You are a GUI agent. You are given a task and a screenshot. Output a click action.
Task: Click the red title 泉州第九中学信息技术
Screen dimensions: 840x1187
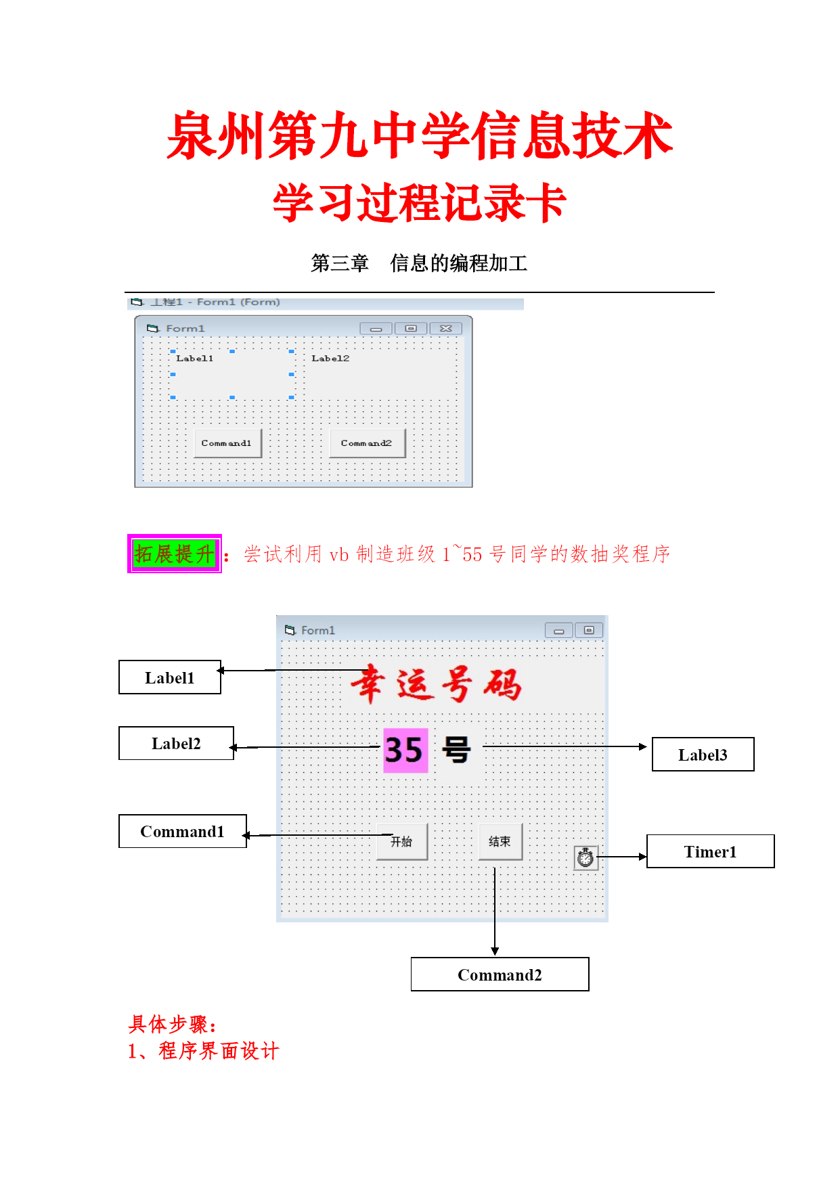420,136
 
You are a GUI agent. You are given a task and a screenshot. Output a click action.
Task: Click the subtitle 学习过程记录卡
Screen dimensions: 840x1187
420,202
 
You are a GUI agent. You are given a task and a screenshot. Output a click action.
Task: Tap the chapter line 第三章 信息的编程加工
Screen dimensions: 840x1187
419,263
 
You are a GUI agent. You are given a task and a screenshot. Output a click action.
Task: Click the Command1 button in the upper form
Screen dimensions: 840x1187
227,443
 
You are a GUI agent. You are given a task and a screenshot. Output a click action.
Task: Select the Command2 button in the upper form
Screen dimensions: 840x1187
367,443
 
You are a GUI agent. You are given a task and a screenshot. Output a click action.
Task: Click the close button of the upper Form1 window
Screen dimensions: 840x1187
445,328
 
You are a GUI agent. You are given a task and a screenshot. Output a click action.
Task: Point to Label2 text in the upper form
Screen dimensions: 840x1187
330,358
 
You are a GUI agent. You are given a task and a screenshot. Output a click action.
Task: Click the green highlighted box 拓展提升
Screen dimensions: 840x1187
175,554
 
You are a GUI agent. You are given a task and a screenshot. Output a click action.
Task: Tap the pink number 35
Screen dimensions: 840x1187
405,750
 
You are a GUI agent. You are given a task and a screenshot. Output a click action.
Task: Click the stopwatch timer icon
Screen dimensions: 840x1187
585,857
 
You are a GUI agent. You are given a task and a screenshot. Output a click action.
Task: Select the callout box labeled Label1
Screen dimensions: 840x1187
170,677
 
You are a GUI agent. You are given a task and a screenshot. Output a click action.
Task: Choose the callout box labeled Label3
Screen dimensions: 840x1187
703,755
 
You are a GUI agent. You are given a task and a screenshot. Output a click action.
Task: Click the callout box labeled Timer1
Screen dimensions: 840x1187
711,851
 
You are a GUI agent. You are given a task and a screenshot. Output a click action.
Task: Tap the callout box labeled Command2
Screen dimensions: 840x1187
500,975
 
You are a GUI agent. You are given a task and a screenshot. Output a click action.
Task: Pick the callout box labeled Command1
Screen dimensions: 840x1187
183,831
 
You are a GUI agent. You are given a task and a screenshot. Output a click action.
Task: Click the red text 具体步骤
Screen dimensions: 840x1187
172,1024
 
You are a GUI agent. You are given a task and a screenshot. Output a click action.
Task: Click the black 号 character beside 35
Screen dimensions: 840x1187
456,751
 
